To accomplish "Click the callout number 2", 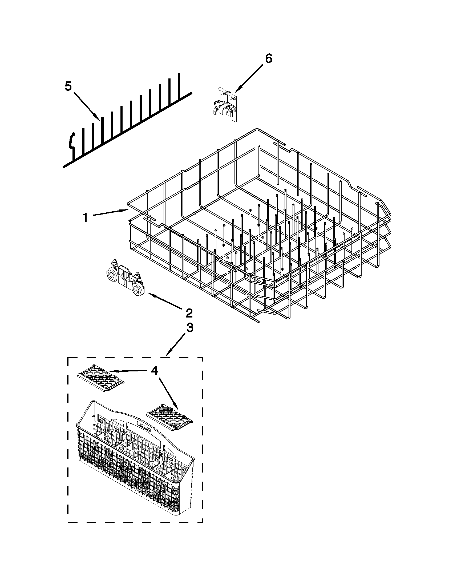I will pyautogui.click(x=189, y=313).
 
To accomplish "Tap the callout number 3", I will pyautogui.click(x=189, y=327).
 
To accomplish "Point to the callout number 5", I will pyautogui.click(x=68, y=86).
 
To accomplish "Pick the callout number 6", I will pyautogui.click(x=268, y=58).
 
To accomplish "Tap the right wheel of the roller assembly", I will pyautogui.click(x=139, y=289).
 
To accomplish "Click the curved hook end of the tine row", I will pyautogui.click(x=72, y=144).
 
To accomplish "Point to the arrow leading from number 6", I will pyautogui.click(x=250, y=78).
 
